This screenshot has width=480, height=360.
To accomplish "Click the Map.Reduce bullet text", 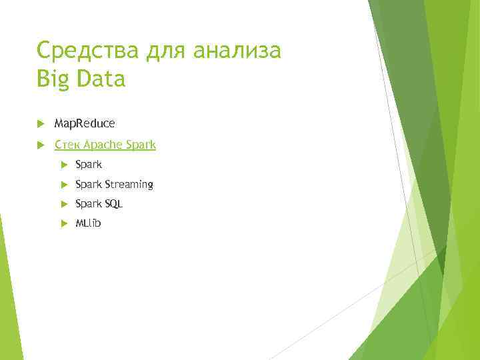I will click(84, 123).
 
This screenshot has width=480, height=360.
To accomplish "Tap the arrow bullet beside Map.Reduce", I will click(41, 123).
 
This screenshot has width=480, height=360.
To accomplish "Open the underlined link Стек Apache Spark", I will click(105, 145).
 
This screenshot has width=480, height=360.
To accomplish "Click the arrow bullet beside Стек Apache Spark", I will click(41, 145).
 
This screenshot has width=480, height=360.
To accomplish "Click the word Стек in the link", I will click(67, 145).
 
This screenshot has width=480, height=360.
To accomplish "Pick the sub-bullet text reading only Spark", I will click(89, 164).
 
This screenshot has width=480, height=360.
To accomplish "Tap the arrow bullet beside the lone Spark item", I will click(62, 164).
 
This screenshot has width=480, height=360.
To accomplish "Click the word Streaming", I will click(129, 184).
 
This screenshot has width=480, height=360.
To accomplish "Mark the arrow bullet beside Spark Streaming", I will click(62, 184).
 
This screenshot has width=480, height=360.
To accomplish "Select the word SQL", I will click(114, 203).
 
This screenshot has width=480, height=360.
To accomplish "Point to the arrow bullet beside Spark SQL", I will click(62, 203).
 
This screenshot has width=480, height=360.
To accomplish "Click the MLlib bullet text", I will click(88, 223).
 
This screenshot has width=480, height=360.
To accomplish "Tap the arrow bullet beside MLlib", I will click(62, 223).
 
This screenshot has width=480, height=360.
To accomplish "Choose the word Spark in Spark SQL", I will click(89, 203).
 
